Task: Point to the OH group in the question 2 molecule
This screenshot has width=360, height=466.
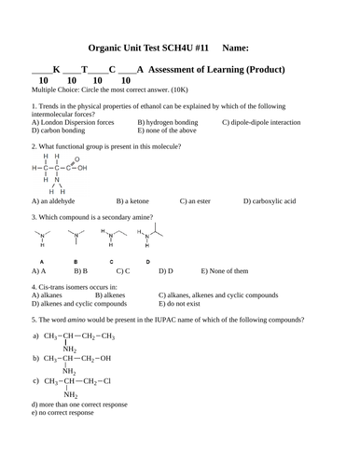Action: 82,169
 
